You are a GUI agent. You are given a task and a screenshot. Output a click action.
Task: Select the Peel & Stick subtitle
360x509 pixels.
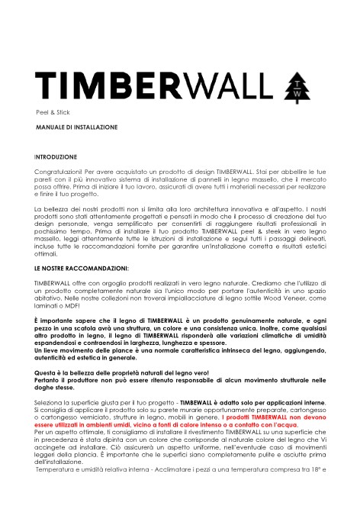(x=52, y=111)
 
